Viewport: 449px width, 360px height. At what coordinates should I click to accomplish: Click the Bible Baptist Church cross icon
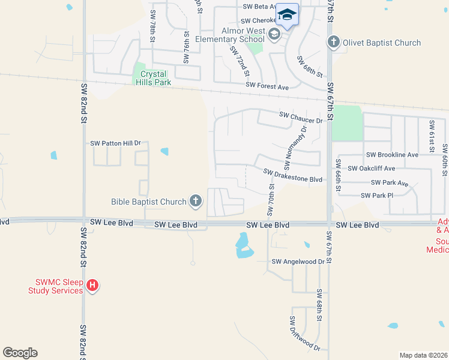pyautogui.click(x=196, y=202)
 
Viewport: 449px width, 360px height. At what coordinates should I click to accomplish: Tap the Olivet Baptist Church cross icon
pyautogui.click(x=334, y=43)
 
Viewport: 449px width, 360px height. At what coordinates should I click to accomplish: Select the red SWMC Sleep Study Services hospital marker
pyautogui.click(x=92, y=286)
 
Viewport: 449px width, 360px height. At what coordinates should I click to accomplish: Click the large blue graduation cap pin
pyautogui.click(x=287, y=14)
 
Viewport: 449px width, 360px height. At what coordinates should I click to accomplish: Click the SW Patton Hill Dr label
pyautogui.click(x=115, y=143)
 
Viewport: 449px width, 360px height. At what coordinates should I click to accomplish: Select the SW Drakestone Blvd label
pyautogui.click(x=293, y=179)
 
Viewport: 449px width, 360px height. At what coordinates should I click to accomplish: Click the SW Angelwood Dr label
pyautogui.click(x=298, y=262)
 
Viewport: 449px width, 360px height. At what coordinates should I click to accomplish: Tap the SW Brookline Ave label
pyautogui.click(x=392, y=155)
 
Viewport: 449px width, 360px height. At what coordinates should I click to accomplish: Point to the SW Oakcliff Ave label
pyautogui.click(x=372, y=169)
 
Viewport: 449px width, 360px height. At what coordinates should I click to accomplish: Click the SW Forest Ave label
pyautogui.click(x=267, y=87)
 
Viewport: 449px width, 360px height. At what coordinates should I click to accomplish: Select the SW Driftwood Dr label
pyautogui.click(x=305, y=334)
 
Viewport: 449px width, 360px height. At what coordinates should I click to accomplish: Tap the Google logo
pyautogui.click(x=20, y=353)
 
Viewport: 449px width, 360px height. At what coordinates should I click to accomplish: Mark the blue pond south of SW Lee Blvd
pyautogui.click(x=243, y=246)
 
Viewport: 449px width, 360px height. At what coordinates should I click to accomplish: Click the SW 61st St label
pyautogui.click(x=431, y=136)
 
